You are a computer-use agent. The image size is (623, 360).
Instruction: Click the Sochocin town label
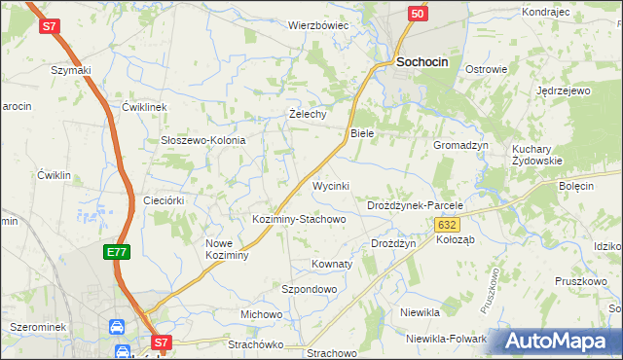click(422, 61)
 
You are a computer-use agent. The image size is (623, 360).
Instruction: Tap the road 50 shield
click(417, 14)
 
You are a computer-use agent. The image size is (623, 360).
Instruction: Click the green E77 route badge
click(117, 252)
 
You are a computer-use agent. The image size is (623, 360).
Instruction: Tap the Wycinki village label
click(330, 185)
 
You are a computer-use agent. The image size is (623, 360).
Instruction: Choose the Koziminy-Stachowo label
click(299, 219)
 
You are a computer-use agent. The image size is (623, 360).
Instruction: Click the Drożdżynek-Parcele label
click(414, 206)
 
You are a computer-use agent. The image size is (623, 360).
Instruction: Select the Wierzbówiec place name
click(317, 25)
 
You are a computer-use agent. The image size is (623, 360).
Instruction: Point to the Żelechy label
click(308, 114)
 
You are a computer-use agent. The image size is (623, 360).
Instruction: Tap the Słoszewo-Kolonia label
click(202, 140)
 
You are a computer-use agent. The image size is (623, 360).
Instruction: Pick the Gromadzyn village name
click(460, 144)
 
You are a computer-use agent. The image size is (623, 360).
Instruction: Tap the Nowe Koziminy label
click(228, 249)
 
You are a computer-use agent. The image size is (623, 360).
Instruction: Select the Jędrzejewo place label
click(564, 90)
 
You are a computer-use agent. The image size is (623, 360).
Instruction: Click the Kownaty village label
click(331, 264)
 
